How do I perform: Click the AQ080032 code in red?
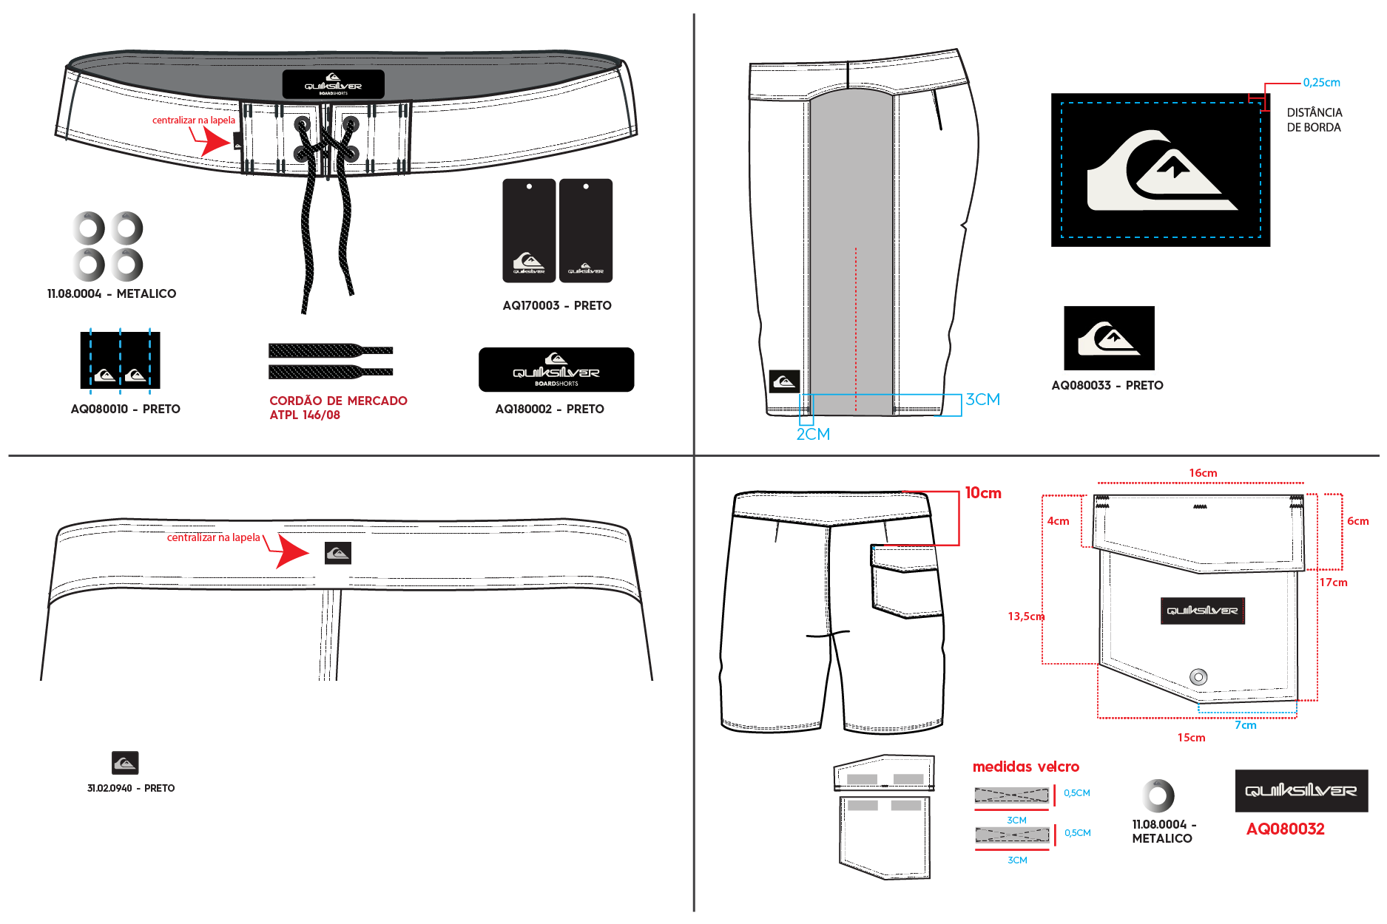(x=1285, y=829)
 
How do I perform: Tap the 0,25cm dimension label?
(x=1321, y=83)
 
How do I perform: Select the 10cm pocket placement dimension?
(x=983, y=493)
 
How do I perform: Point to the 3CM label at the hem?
(x=983, y=399)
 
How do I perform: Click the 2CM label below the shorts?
(x=813, y=434)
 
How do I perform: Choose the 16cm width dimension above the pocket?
(x=1203, y=473)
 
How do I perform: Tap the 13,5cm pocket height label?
(x=1026, y=616)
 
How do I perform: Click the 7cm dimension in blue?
(x=1246, y=725)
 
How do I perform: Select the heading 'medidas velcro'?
(x=1025, y=767)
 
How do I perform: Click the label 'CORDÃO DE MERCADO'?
(x=338, y=401)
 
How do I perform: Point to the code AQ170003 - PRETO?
(x=557, y=305)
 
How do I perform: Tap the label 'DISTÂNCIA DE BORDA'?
(x=1314, y=120)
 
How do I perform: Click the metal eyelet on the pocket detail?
(x=1198, y=676)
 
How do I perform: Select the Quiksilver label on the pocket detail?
(x=1203, y=611)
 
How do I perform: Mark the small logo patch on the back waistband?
(x=338, y=553)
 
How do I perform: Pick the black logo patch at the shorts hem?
(x=784, y=381)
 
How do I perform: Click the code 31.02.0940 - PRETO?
(x=131, y=788)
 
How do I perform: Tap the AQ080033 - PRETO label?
(x=1107, y=385)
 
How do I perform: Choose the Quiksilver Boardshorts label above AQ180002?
(x=556, y=370)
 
